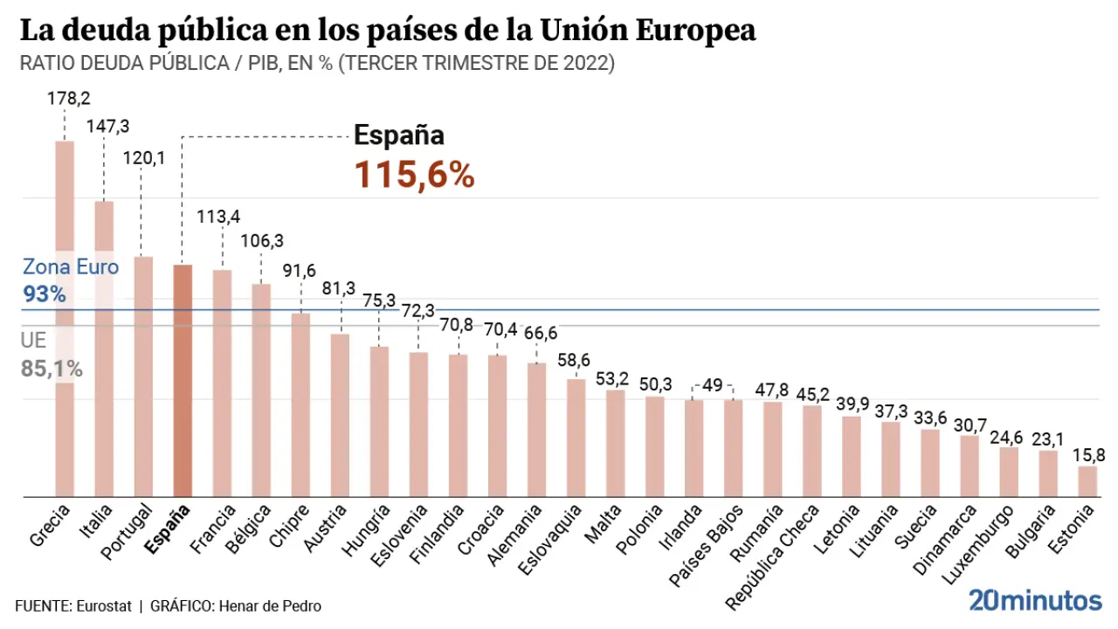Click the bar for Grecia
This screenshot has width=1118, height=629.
[x=65, y=319]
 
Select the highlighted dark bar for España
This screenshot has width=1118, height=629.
[x=183, y=381]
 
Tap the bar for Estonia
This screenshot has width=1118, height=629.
[x=1087, y=481]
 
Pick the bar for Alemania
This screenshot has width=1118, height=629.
[x=536, y=430]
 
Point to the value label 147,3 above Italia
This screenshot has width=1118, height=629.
[x=107, y=127]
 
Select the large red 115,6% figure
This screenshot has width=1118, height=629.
[x=414, y=176]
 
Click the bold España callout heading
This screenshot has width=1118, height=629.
[x=399, y=135]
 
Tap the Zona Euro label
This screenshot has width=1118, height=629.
[x=71, y=266]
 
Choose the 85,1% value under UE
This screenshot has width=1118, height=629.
[x=52, y=370]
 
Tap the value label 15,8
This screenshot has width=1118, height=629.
[x=1087, y=455]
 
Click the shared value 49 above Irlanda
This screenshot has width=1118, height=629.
[x=713, y=385]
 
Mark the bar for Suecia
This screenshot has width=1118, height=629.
[x=929, y=463]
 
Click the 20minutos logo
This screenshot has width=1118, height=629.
[x=1035, y=600]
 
